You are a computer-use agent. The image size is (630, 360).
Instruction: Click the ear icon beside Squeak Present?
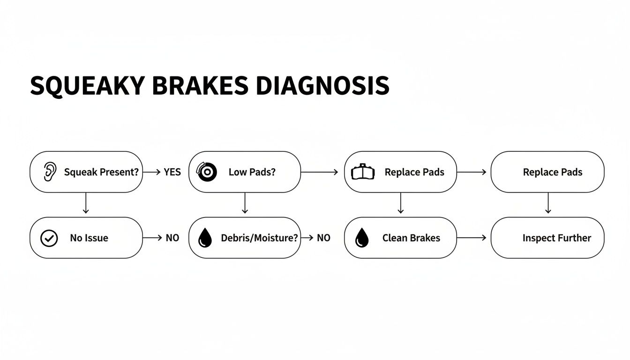click(x=49, y=172)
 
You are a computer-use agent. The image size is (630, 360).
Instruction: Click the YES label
click(x=172, y=172)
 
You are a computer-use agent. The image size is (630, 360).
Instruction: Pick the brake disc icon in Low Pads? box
click(x=207, y=172)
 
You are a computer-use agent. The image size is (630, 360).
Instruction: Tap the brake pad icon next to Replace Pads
click(x=363, y=172)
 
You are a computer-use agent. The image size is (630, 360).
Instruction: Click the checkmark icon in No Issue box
click(x=49, y=238)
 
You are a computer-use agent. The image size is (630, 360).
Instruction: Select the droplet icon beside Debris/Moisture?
click(x=205, y=238)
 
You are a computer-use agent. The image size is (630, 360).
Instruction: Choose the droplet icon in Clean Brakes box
click(x=362, y=238)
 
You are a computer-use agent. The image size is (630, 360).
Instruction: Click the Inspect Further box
click(x=547, y=238)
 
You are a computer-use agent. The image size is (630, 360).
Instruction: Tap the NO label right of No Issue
click(x=172, y=238)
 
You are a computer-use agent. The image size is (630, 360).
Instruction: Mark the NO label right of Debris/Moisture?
click(x=323, y=238)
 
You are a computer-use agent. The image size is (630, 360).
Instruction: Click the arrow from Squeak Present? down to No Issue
click(x=85, y=204)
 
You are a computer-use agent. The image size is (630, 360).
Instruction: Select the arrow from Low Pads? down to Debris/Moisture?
click(x=244, y=204)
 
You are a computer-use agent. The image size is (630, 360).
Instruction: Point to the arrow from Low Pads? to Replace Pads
click(x=319, y=172)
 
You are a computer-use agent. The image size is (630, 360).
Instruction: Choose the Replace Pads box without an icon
click(x=547, y=172)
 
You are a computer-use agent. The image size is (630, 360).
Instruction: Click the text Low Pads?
click(x=252, y=172)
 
